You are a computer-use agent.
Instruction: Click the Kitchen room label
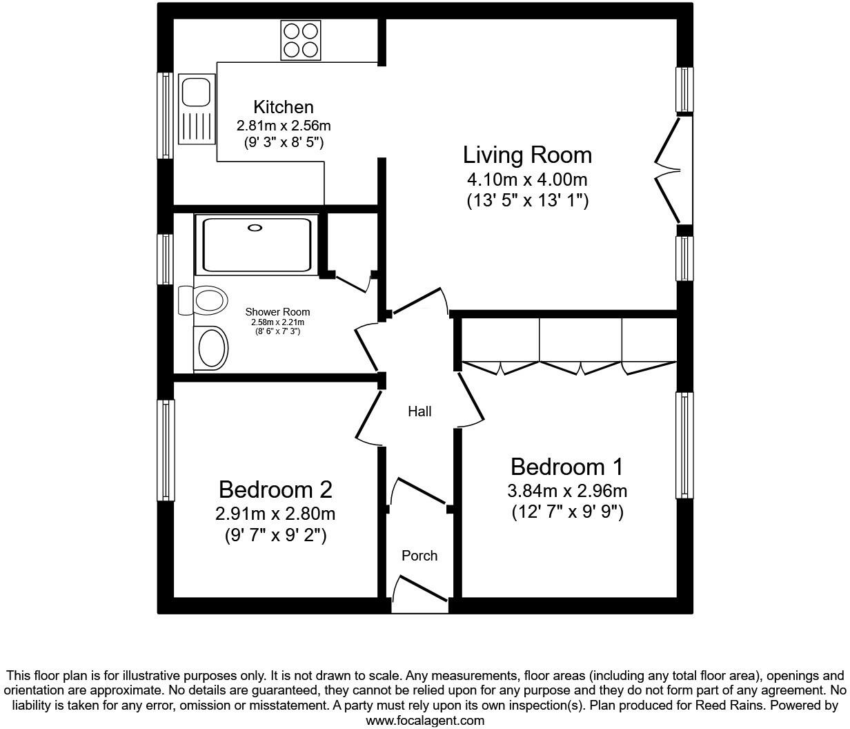coord(283,107)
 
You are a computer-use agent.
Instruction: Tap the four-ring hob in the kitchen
coord(301,40)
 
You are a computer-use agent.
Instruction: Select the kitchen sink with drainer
coord(195,109)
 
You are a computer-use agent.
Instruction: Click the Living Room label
coord(527,155)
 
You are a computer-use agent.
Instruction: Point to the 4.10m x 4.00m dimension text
coord(527,179)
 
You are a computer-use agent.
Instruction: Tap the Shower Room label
coord(277,312)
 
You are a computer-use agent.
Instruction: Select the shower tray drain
coord(255,228)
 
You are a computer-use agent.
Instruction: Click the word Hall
coord(419,411)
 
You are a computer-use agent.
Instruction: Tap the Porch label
coord(419,556)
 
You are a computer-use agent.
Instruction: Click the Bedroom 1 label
coord(566,467)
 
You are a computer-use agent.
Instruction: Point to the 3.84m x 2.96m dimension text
coord(566,491)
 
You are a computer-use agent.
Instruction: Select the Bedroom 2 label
coord(275,489)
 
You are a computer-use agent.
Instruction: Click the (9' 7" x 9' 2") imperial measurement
coord(275,535)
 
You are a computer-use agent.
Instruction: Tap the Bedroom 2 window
coord(166,450)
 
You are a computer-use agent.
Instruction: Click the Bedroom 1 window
coord(684,445)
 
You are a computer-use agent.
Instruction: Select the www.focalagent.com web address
coord(424,721)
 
